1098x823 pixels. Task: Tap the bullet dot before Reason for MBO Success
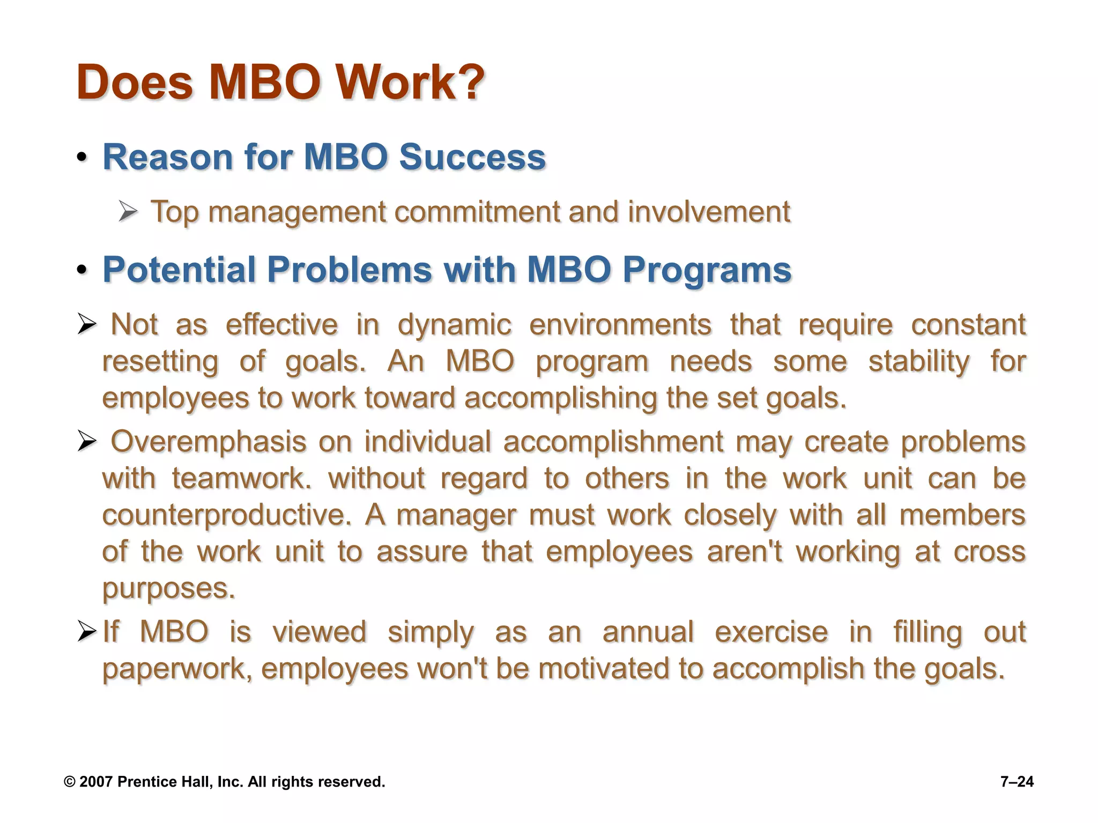tap(81, 158)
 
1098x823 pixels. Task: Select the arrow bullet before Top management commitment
tap(128, 212)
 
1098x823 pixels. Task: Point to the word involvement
tap(709, 212)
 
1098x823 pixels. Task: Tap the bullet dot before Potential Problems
tap(81, 270)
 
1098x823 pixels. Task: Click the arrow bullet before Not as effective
tap(87, 325)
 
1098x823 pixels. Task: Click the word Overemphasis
tap(208, 443)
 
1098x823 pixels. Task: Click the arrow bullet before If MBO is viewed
tap(87, 632)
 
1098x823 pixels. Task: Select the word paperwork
tap(176, 670)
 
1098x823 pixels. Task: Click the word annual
tap(648, 632)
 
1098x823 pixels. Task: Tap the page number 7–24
tap(1017, 782)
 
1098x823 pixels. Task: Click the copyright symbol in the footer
tap(69, 782)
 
